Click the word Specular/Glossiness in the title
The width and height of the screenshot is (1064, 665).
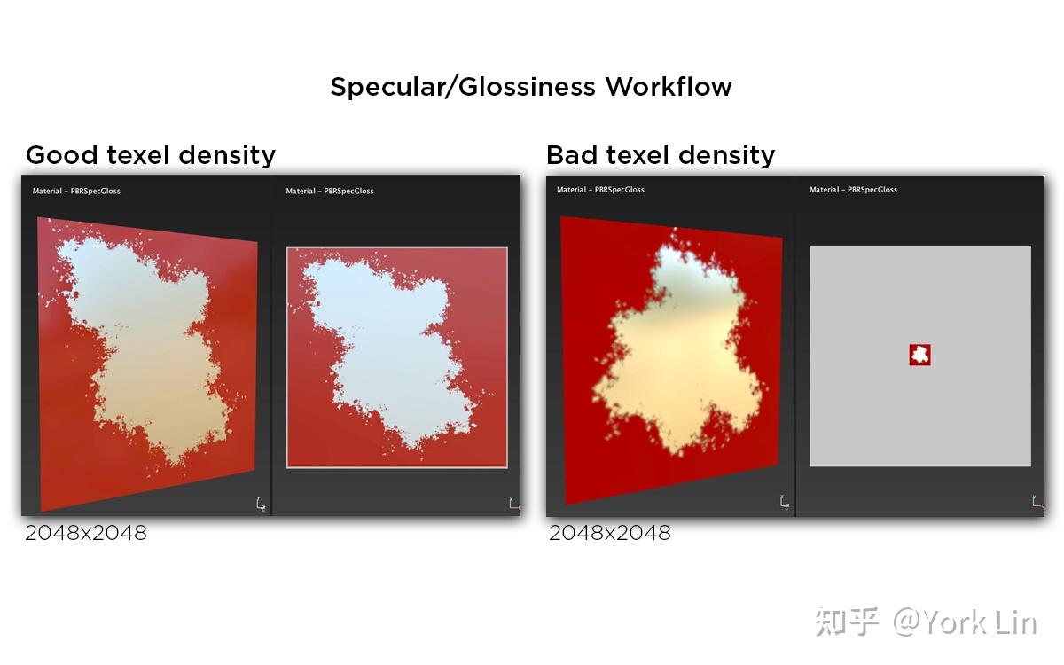pos(463,87)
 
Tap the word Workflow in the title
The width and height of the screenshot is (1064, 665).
pos(669,86)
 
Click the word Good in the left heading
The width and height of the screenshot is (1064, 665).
pos(62,155)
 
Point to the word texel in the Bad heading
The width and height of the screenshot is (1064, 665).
pos(638,155)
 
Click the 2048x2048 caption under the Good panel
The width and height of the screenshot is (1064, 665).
pos(86,533)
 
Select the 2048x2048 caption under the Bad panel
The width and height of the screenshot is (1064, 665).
pos(610,533)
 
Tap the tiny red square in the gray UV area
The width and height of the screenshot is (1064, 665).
pos(920,355)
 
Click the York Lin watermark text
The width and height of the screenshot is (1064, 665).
pos(981,622)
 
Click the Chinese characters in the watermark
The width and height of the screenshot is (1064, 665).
pos(847,622)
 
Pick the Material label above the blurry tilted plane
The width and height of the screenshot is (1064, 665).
pos(600,190)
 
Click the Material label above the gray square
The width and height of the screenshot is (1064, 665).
pos(854,190)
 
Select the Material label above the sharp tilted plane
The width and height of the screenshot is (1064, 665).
pos(76,191)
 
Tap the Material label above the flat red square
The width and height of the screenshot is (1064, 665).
pos(330,191)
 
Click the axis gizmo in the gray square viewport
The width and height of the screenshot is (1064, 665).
pos(1038,502)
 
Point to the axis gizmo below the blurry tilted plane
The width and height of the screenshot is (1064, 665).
pos(785,502)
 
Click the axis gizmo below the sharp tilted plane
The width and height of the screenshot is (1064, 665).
pos(261,504)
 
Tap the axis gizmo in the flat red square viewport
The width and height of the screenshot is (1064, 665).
pos(514,504)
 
